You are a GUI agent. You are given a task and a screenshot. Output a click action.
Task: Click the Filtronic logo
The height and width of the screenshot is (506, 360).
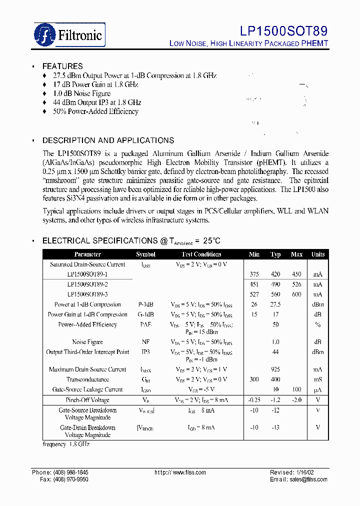coord(69,34)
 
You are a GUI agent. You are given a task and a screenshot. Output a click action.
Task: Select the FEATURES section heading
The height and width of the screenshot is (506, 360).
coord(62,66)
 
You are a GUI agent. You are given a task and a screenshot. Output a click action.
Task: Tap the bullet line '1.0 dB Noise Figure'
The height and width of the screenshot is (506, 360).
coord(81,93)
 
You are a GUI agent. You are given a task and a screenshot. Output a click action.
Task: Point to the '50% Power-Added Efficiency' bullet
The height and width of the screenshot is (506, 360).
coord(95,111)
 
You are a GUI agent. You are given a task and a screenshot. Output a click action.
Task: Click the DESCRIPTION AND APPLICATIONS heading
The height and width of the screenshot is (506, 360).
coord(108,140)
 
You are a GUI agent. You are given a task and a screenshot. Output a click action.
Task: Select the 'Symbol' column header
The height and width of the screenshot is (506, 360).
coord(145,254)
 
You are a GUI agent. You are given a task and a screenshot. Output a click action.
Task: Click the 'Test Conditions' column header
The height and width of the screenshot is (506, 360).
coord(201,254)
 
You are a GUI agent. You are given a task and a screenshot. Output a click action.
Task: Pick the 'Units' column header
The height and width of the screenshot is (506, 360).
coord(318,254)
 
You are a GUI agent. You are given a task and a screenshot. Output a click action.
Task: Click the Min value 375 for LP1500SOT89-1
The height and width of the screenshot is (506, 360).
coord(254,274)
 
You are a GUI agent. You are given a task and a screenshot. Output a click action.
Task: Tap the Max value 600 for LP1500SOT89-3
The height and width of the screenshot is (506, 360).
coord(296,294)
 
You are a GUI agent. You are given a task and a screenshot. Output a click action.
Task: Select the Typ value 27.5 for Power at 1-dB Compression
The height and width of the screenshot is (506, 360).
coord(275,304)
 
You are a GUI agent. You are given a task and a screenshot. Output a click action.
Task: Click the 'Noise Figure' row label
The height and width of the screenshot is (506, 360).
coord(87,342)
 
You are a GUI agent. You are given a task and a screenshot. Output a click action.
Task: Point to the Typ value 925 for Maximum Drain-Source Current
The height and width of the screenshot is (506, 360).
coord(275,369)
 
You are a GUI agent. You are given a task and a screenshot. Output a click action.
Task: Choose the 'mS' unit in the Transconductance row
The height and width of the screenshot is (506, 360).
coord(318,379)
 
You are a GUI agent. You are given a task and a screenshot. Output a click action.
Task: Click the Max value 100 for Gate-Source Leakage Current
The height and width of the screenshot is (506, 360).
coord(296,389)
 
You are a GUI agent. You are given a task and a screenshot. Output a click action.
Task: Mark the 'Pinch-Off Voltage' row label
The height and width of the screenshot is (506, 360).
coord(87,400)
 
